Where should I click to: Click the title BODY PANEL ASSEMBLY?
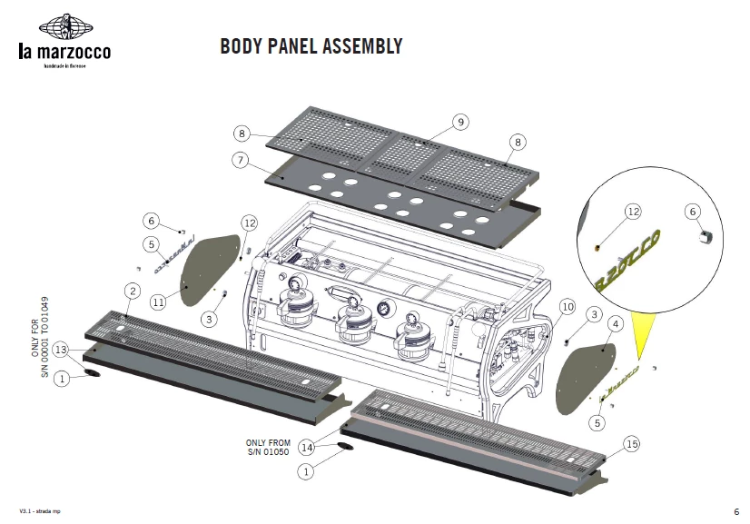311,46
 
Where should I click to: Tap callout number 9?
459,122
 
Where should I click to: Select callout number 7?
241,160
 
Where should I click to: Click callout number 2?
133,291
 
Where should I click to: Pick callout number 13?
62,350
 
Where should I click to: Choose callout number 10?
567,307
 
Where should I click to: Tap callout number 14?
306,447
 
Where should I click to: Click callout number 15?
631,443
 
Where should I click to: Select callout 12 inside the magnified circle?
633,212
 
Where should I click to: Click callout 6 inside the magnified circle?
693,211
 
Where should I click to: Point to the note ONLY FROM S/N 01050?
268,447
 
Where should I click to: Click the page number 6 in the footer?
735,511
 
